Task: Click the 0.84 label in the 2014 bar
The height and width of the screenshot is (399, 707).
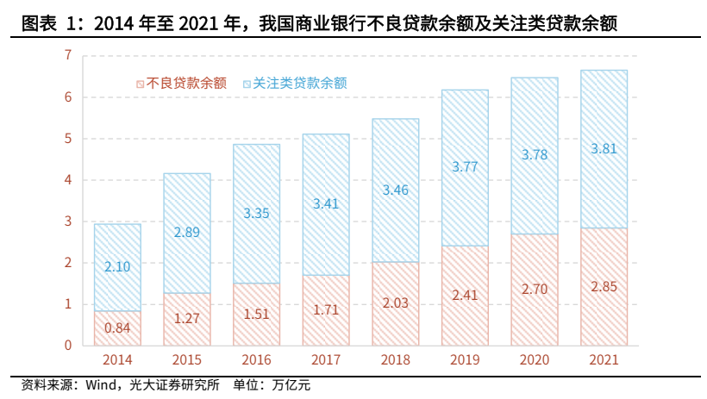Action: [x=117, y=327]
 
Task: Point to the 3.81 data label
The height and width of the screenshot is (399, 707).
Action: [x=604, y=148]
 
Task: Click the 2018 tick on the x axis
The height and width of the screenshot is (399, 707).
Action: [x=395, y=361]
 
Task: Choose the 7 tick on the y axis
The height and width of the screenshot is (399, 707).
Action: [x=66, y=55]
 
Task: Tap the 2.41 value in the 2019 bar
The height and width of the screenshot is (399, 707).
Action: [x=465, y=296]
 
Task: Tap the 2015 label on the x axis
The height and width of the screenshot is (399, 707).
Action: [x=186, y=361]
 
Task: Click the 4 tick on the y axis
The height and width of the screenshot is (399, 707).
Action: [x=66, y=180]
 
